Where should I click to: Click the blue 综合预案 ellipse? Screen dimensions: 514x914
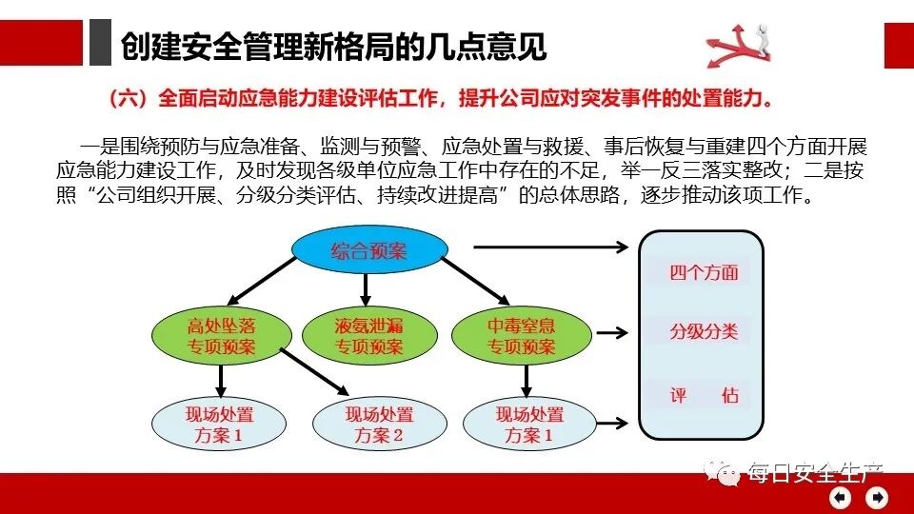(x=368, y=250)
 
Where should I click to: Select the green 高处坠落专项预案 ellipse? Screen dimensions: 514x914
(x=221, y=336)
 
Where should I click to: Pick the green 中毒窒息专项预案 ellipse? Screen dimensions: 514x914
(x=521, y=336)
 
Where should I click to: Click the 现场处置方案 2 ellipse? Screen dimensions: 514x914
(x=380, y=425)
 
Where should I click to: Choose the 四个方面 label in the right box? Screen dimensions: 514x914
(x=704, y=272)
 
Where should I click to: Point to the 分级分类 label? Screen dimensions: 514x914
(x=704, y=332)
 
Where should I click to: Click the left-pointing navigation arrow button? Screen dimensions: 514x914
(x=840, y=497)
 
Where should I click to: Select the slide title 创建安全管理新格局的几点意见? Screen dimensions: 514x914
(x=334, y=46)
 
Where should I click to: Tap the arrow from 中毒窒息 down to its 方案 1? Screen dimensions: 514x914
(x=526, y=381)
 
